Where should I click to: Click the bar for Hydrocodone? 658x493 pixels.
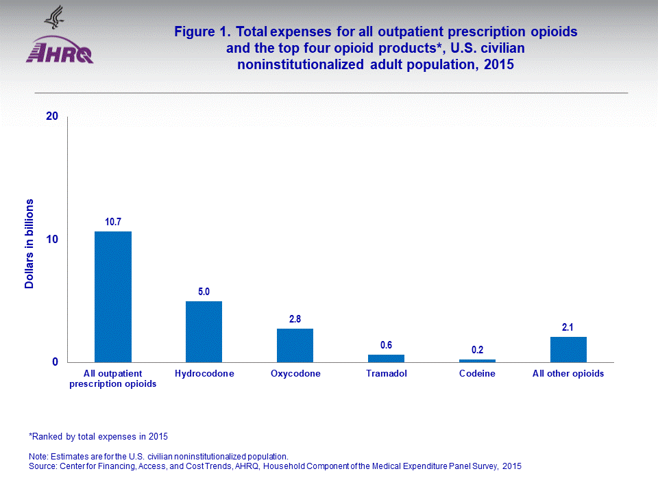204,331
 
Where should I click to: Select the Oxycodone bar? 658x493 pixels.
295,345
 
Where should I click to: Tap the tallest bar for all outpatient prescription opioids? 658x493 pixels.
113,296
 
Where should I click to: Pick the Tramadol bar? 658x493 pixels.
386,358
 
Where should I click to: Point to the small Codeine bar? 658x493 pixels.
477,360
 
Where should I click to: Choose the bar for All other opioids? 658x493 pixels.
568,349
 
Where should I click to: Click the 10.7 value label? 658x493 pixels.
113,222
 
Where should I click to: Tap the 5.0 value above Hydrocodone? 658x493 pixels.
204,292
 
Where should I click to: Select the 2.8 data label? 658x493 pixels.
295,319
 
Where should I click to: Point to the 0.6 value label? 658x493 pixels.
386,345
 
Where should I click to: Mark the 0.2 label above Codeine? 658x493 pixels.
477,350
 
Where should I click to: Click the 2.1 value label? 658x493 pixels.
568,327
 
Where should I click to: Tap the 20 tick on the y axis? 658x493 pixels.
51,117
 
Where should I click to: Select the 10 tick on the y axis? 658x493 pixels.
51,240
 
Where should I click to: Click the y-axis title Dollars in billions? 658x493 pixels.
29,244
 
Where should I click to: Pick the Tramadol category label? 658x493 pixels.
386,374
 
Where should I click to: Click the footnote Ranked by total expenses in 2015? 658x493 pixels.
98,435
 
